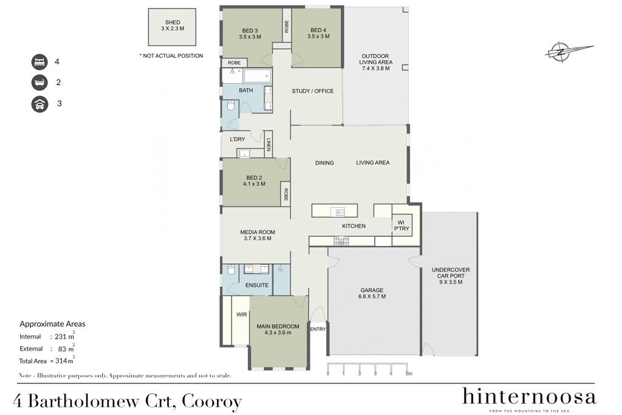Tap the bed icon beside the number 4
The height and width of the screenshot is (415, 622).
click(39, 62)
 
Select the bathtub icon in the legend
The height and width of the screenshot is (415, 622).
click(39, 83)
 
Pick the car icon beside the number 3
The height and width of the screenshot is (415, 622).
click(39, 104)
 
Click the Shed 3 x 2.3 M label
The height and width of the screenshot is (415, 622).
click(173, 26)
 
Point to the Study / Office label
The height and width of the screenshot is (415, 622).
click(313, 91)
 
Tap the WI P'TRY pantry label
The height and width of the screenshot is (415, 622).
click(402, 225)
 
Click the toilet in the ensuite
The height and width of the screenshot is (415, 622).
click(232, 270)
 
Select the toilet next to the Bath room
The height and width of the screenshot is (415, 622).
click(231, 106)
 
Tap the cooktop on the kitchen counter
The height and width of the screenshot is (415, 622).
click(341, 241)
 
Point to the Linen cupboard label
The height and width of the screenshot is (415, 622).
click(268, 144)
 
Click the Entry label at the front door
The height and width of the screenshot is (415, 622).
click(318, 329)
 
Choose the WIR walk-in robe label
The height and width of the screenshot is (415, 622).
click(242, 314)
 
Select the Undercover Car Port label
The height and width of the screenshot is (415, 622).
click(451, 276)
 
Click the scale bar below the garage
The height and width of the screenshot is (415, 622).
click(369, 369)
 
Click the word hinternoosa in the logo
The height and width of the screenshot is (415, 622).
click(529, 396)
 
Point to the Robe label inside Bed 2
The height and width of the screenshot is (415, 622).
click(285, 194)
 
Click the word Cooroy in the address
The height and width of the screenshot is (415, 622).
click(211, 402)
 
